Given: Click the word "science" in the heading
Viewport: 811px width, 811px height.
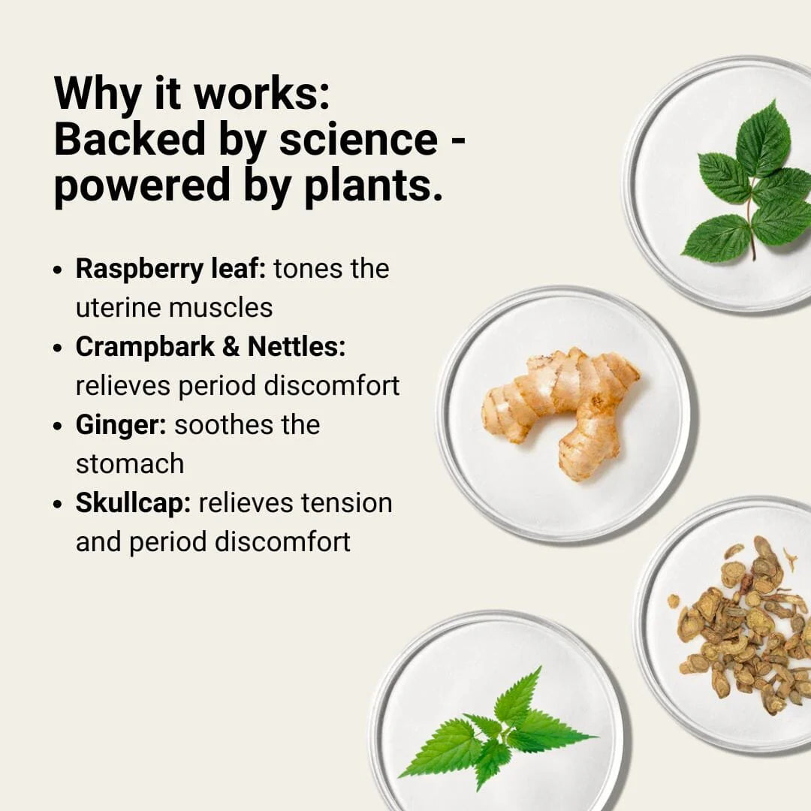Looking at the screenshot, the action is (x=358, y=140).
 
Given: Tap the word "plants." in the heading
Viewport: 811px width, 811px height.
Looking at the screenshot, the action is (x=373, y=185).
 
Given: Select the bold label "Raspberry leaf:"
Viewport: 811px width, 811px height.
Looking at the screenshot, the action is (x=170, y=270).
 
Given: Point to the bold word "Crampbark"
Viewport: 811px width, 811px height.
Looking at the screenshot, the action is (x=145, y=347).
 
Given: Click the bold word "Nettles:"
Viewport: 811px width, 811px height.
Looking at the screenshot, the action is (x=297, y=346).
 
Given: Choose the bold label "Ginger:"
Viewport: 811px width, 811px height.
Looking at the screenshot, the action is (x=121, y=426).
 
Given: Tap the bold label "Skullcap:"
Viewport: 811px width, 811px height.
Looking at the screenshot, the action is (x=134, y=503).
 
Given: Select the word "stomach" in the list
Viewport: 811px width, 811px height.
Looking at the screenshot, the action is (x=130, y=464).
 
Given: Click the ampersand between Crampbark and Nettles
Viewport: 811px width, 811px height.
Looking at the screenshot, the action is (x=231, y=346).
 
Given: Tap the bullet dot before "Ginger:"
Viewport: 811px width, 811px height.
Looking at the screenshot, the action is (x=58, y=427).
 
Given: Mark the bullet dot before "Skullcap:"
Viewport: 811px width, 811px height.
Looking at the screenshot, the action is (x=58, y=505).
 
